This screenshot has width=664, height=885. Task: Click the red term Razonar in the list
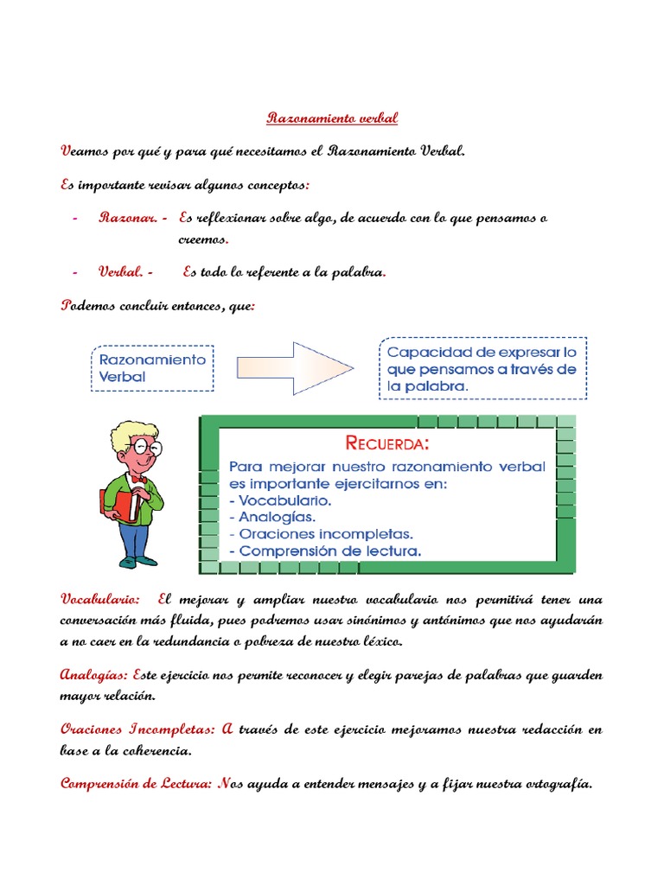coord(127,218)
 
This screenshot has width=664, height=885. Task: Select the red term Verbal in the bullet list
coord(120,272)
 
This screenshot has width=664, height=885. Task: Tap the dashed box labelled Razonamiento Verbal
coord(152,367)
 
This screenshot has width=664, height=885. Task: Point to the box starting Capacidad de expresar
coord(482,369)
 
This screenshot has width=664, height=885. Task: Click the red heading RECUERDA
coord(386,444)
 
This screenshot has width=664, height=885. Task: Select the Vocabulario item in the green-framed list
coord(284,500)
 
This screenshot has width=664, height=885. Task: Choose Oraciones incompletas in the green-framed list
coord(321,533)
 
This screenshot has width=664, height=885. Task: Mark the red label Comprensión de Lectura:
coord(137,784)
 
